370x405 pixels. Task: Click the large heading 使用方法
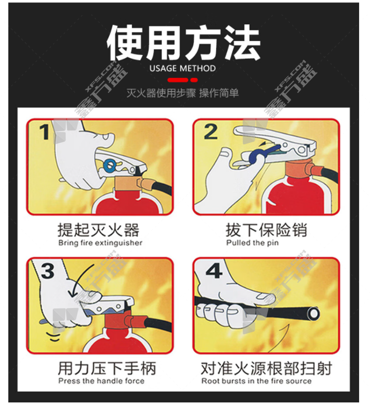coord(184,43)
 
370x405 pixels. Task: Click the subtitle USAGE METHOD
coord(182,68)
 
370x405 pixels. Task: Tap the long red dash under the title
coord(178,80)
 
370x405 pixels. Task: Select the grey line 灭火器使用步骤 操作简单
coord(182,93)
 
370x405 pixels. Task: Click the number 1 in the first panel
coord(44,132)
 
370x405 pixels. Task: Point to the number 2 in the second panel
coord(211,132)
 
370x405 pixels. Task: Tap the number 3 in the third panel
coord(48,271)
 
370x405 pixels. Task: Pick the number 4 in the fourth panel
coord(214,271)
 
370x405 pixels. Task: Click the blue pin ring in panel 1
coord(110,166)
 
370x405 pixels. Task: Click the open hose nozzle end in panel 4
coord(314,314)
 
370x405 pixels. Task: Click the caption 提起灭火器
coord(98,230)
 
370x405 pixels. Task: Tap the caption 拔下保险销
coord(266,230)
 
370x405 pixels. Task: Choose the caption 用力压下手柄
coord(107,368)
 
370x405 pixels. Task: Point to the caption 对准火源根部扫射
coord(266,368)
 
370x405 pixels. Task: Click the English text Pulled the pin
coord(252,243)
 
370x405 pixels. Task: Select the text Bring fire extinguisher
coord(100,243)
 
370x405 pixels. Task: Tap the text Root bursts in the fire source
coord(256,381)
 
